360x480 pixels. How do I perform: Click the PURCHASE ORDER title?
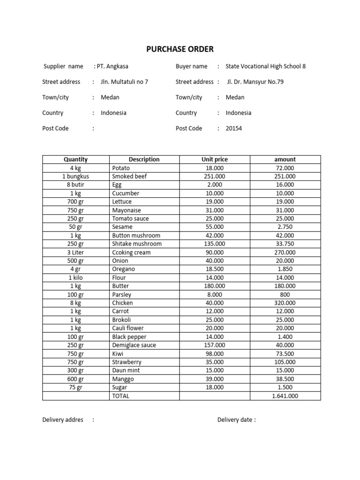180,49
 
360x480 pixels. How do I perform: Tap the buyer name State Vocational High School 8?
265,67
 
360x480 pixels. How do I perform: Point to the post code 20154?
234,128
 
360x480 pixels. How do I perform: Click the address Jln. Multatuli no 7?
124,82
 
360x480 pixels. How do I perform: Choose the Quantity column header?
75,159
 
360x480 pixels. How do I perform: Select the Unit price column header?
215,159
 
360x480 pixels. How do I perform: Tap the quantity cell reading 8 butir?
75,185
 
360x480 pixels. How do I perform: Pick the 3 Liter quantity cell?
75,252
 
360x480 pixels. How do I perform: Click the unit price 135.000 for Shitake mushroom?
215,244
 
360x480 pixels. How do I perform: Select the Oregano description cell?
123,269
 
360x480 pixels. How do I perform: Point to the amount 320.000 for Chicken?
285,303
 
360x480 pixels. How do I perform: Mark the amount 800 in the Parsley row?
285,294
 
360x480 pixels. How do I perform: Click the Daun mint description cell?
126,370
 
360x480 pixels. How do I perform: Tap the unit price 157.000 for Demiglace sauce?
215,345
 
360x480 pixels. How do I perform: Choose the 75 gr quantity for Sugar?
75,387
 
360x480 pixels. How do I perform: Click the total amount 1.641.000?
285,396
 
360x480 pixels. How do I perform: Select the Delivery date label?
236,420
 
